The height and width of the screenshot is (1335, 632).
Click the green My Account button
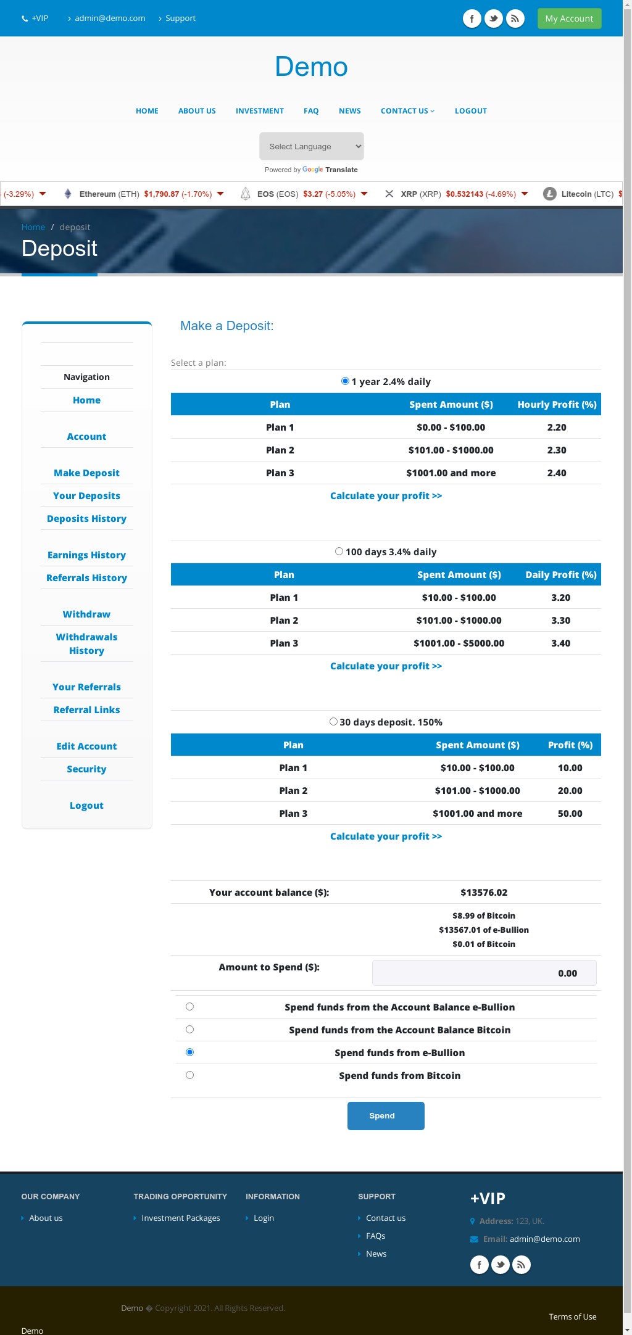(x=569, y=19)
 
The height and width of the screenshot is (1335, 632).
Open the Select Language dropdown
(x=312, y=146)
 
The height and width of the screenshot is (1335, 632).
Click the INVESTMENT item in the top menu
(x=260, y=111)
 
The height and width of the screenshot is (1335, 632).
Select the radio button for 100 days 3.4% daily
(x=339, y=552)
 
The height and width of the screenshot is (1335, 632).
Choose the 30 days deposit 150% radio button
(x=333, y=722)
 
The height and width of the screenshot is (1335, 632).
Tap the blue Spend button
(x=386, y=1116)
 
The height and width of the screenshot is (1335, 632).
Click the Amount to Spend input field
(x=484, y=973)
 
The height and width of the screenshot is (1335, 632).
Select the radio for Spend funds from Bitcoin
(x=189, y=1075)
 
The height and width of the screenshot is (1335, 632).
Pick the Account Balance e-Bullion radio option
(x=189, y=1007)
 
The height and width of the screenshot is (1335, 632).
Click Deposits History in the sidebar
(x=86, y=519)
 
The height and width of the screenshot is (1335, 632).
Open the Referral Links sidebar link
(x=86, y=710)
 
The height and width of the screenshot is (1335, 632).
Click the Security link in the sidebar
(x=86, y=769)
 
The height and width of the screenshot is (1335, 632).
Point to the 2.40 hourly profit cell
(x=557, y=473)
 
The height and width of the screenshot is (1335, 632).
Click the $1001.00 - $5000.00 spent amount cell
(x=459, y=643)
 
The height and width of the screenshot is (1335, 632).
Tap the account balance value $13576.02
(x=484, y=893)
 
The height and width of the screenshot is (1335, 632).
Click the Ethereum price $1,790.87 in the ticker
(x=162, y=194)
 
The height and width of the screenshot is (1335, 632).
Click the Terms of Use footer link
(x=573, y=1316)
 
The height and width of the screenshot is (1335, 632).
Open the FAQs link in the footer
(x=375, y=1236)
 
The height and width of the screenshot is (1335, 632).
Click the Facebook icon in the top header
(x=472, y=19)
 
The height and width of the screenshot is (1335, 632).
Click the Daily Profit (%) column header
(x=561, y=575)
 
